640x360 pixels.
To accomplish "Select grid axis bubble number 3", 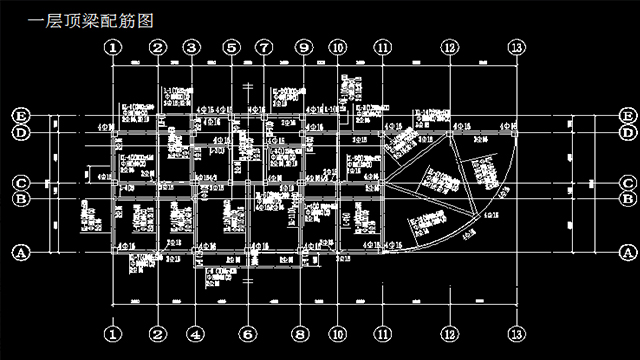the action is click(193, 47).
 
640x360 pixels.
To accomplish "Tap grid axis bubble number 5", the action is click(232, 47).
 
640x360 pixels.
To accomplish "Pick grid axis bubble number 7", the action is click(264, 47).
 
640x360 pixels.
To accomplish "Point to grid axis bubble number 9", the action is click(303, 47).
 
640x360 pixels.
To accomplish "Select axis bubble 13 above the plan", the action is click(516, 47).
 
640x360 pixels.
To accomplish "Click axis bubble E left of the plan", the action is click(19, 115).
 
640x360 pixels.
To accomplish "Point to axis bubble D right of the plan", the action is click(627, 132).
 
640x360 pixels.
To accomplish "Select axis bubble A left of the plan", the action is click(19, 253).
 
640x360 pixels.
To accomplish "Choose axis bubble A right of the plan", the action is click(627, 253).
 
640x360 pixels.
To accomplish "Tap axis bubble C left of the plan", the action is click(19, 183).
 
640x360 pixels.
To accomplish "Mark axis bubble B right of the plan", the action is click(627, 198).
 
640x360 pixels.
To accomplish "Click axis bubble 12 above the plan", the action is click(449, 47).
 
